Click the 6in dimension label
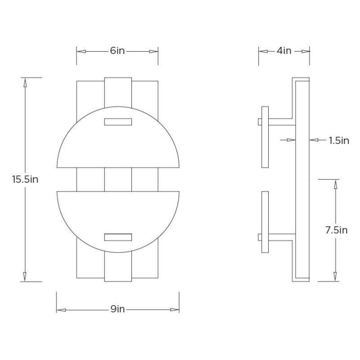click(x=117, y=51)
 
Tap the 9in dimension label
click(x=117, y=309)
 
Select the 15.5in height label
click(x=25, y=179)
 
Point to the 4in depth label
click(x=283, y=51)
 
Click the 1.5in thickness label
click(x=339, y=140)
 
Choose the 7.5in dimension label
click(x=336, y=230)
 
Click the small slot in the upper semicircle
click(x=118, y=121)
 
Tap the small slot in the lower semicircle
click(x=118, y=237)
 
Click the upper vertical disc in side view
click(x=265, y=137)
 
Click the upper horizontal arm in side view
click(x=282, y=121)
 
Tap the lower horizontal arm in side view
click(x=282, y=236)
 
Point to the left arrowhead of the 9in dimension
click(x=60, y=310)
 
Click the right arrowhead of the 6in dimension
click(x=154, y=51)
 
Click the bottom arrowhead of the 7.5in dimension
click(x=335, y=277)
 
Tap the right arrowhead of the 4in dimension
click(x=306, y=51)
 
